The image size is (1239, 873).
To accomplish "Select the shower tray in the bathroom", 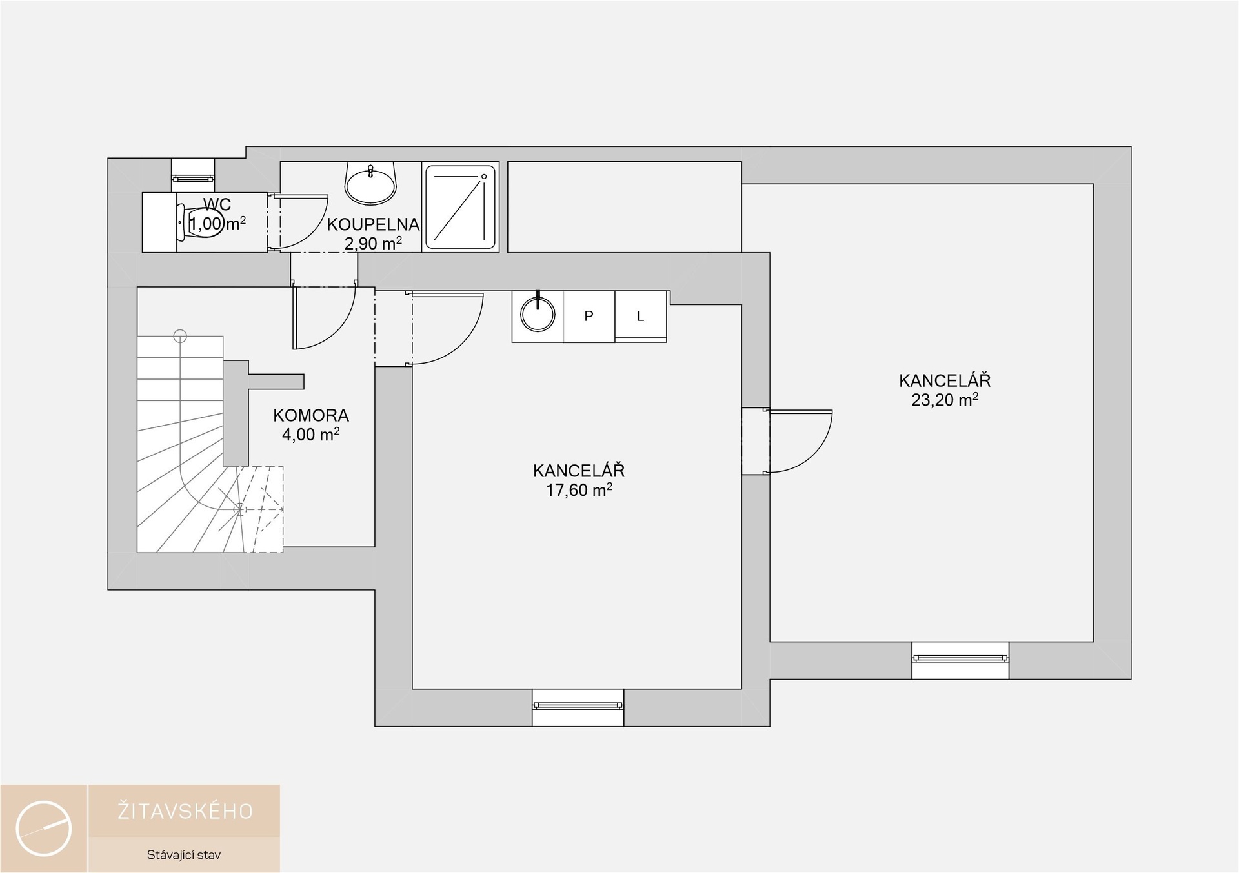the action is coord(460,207).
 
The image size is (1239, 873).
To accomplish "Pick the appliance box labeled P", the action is coord(589,317).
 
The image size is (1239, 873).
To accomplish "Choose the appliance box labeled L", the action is coord(641,317).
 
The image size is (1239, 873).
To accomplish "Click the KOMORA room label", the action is coord(311,415).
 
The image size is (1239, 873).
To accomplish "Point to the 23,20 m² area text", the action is coord(945,400).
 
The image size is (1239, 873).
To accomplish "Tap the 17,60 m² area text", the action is coord(579,490).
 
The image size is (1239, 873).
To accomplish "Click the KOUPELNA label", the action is coord(373,224).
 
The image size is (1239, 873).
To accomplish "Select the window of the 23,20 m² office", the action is coord(960,659).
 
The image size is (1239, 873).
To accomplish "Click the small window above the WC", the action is coord(193,175).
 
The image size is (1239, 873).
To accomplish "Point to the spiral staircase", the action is coord(210,445).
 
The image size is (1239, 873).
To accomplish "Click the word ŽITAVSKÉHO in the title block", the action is coord(185,811).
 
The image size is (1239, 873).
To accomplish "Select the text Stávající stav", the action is coord(184,856).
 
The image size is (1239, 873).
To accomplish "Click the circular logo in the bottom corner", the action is coord(44,829).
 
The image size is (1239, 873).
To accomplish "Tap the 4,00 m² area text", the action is coord(311,435).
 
